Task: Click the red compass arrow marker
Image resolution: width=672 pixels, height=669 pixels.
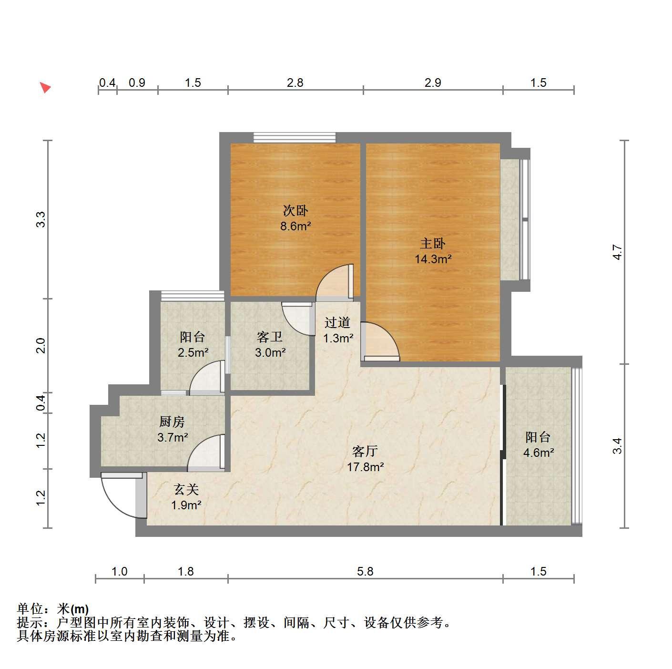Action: pyautogui.click(x=46, y=87)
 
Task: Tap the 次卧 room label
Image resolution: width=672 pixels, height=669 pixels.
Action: pyautogui.click(x=295, y=210)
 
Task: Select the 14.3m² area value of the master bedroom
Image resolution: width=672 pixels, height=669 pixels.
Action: pyautogui.click(x=433, y=259)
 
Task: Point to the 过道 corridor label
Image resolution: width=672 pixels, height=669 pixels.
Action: pyautogui.click(x=337, y=322)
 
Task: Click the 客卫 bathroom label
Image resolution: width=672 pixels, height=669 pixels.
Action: pyautogui.click(x=270, y=337)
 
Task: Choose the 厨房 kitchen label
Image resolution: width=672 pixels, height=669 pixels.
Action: pyautogui.click(x=172, y=422)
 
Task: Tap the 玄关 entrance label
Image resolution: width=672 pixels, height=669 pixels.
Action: pyautogui.click(x=186, y=490)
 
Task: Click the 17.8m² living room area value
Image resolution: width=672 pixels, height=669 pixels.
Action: pyautogui.click(x=365, y=467)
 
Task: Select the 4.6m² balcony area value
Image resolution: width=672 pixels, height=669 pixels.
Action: pyautogui.click(x=539, y=453)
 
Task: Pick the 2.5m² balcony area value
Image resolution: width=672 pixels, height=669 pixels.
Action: pyautogui.click(x=193, y=352)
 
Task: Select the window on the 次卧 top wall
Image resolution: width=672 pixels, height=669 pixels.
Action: pyautogui.click(x=295, y=137)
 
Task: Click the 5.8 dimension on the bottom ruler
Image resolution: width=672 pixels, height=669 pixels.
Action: pyautogui.click(x=365, y=571)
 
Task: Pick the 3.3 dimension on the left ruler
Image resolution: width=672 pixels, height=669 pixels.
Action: pyautogui.click(x=41, y=219)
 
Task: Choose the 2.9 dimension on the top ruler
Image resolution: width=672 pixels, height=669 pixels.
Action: pyautogui.click(x=433, y=82)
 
